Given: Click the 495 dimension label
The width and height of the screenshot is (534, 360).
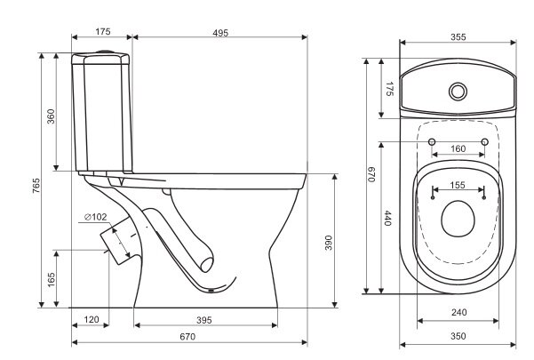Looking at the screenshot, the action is [220, 33].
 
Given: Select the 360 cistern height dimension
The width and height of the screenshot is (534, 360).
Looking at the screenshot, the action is [51, 116].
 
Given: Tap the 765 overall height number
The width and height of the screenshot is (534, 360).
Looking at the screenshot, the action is [36, 185].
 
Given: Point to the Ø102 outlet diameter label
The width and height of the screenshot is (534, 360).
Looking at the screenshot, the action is [95, 217].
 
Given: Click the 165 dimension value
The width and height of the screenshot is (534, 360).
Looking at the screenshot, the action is [51, 280].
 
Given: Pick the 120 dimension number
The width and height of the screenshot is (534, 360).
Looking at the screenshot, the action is [92, 319].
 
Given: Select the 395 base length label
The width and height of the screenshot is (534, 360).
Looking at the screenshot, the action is [204, 320].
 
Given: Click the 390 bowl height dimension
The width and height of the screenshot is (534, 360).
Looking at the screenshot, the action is [328, 243].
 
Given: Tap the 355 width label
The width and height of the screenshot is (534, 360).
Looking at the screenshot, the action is [458, 36].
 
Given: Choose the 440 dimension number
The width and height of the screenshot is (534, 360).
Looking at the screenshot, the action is [387, 219].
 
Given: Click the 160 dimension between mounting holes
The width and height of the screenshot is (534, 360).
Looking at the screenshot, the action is [458, 148].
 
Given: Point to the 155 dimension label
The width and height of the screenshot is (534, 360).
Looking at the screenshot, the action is [458, 185].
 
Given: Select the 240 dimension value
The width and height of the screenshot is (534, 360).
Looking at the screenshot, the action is [458, 312].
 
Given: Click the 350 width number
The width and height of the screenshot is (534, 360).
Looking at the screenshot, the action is [458, 336].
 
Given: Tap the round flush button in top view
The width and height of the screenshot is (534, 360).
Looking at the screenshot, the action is [458, 92].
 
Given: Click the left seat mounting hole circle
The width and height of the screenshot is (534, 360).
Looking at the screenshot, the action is [432, 141].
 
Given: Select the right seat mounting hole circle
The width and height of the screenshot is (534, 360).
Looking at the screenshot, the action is [484, 141].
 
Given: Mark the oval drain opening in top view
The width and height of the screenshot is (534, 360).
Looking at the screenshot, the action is [458, 219].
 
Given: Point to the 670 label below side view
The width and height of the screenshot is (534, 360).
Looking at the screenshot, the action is [187, 337].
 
